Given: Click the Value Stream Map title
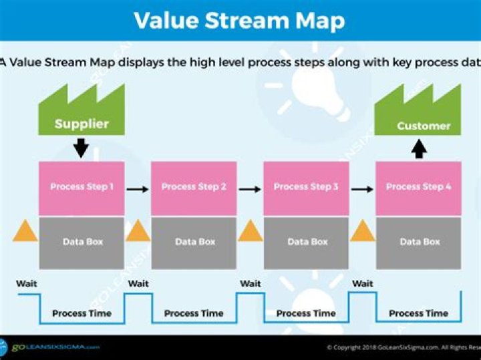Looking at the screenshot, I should point(239,20).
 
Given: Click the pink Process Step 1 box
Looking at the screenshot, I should point(82,188).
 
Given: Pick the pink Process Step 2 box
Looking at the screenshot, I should point(194,188).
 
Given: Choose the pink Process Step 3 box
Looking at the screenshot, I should point(306,188).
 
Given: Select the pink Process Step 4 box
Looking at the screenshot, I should point(418,188).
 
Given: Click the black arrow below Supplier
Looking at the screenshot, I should point(81,147).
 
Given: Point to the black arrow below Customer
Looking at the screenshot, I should point(419,148).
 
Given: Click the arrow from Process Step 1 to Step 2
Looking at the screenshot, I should point(138,189).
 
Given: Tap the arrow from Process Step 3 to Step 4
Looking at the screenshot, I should point(362,189).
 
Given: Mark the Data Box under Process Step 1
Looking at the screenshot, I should point(82,242).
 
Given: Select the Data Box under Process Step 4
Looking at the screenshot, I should point(418,242).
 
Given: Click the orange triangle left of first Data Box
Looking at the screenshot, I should point(25,231).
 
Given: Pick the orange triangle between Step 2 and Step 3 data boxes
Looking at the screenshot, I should point(251,231).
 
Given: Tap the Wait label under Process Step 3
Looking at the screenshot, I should point(251,284).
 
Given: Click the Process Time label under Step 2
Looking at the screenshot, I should point(194,313).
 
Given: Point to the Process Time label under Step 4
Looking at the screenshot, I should point(418,313).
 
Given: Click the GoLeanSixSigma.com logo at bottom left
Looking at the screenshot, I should point(50,347).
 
